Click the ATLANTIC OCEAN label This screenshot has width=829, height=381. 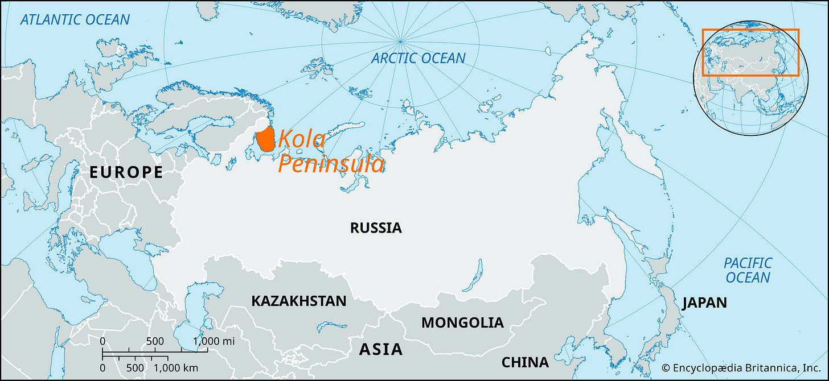[75, 20]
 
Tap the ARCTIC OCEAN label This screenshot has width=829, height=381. [418, 58]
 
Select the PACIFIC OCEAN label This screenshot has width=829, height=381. [748, 270]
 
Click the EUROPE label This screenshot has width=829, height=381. [126, 172]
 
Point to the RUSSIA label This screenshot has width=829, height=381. [376, 228]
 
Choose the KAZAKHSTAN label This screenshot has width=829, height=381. [298, 301]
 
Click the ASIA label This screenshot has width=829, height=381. [380, 349]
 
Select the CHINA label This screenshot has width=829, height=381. [525, 362]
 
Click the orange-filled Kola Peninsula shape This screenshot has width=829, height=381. [265, 139]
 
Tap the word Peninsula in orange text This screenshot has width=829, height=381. [331, 164]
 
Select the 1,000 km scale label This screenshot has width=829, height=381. [175, 367]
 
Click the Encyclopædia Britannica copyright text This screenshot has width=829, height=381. [744, 367]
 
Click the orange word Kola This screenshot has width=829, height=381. [301, 139]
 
